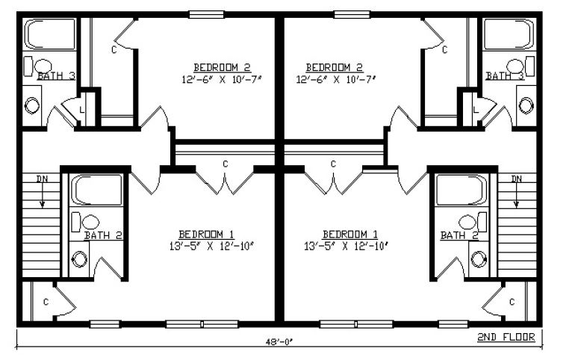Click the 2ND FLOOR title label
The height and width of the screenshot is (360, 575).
506,337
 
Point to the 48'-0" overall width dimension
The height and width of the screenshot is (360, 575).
280,341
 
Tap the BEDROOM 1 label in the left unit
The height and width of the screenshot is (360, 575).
206,234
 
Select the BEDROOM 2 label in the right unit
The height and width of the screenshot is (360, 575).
334,67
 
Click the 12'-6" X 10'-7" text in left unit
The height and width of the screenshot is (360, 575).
223,79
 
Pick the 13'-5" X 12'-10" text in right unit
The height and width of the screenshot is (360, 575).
346,246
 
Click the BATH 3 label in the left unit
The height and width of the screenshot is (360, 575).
57,76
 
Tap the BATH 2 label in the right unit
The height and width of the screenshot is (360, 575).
459,235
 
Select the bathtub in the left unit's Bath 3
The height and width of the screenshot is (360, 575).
50,34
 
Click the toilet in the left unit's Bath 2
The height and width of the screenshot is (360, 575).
85,222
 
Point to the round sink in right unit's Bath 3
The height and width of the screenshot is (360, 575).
526,105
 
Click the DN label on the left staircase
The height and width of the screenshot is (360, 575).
43,179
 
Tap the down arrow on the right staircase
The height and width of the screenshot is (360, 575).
516,194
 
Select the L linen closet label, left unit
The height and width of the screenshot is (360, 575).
82,109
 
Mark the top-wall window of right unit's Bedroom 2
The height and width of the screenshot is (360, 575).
352,14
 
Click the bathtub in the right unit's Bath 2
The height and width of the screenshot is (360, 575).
462,190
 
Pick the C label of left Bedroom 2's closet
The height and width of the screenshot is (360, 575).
114,49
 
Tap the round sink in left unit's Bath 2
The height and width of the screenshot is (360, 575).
80,259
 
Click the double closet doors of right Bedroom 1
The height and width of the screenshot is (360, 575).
333,182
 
